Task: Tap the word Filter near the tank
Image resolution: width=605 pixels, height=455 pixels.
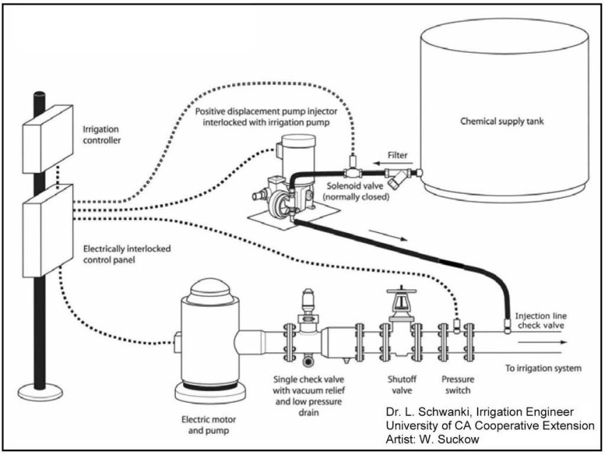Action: pos(398,154)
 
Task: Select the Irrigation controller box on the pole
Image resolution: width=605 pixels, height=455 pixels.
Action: pos(48,135)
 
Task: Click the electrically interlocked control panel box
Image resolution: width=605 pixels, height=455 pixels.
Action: pos(48,229)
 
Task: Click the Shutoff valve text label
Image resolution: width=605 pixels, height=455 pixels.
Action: pos(399,385)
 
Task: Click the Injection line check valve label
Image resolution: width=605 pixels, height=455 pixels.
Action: pos(541,320)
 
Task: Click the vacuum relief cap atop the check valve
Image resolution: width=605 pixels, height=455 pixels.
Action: pos(308,298)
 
